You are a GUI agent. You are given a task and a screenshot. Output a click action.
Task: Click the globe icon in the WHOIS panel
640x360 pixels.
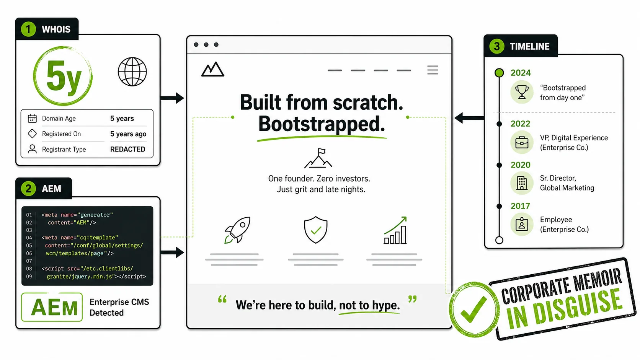click(x=132, y=72)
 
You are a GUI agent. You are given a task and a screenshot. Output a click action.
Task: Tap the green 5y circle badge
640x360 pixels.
click(x=63, y=76)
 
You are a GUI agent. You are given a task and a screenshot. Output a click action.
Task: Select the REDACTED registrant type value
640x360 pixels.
click(x=128, y=149)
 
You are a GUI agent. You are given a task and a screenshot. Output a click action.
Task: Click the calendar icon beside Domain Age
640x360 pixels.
click(x=32, y=118)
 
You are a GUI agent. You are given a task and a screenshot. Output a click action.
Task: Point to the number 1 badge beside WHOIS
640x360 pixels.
click(x=28, y=29)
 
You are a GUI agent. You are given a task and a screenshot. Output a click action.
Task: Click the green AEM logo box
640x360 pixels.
click(x=52, y=307)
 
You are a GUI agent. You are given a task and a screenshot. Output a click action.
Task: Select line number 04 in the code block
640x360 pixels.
click(x=29, y=238)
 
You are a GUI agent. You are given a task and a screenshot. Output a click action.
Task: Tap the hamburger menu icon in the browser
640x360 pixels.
click(x=433, y=70)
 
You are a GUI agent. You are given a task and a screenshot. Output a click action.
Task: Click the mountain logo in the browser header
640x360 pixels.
click(x=212, y=69)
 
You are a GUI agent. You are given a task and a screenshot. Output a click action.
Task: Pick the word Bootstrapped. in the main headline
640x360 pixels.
click(x=322, y=124)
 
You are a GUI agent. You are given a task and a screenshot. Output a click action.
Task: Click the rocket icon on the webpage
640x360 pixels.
click(x=237, y=230)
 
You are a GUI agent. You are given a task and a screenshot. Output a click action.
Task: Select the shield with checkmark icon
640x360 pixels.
click(x=315, y=230)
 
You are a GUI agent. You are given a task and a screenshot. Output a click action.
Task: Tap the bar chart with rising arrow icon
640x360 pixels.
click(x=395, y=230)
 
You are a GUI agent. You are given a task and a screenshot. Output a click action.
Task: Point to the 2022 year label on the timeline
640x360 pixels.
click(x=520, y=124)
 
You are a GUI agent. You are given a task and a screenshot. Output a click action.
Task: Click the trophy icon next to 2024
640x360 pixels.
click(x=522, y=92)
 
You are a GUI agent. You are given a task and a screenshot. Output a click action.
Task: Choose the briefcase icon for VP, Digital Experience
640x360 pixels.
click(x=522, y=142)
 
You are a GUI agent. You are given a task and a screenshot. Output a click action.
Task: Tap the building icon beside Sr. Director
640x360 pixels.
click(x=522, y=183)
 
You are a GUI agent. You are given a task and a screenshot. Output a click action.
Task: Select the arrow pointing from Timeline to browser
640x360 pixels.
click(x=469, y=117)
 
